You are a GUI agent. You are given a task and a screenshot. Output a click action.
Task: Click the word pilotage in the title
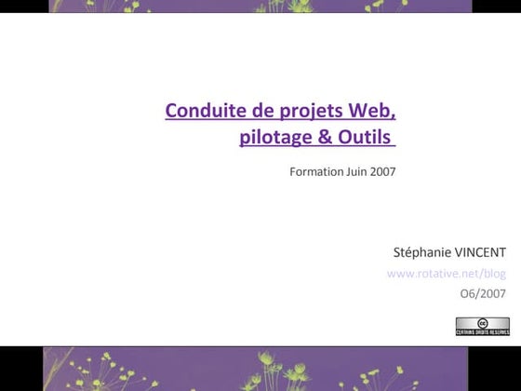pos(272,139)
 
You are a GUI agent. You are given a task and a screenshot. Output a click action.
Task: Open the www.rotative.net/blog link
pos(446,273)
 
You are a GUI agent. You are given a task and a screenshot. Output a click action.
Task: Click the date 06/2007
pos(483,294)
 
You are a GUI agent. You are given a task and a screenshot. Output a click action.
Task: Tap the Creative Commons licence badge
pos(482,326)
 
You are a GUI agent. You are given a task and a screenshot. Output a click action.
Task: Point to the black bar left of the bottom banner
pos(20,368)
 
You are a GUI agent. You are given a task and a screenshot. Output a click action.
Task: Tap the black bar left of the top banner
pos(23,6)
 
